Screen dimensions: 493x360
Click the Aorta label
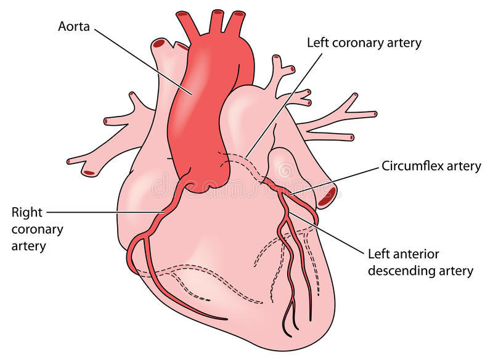[73, 27]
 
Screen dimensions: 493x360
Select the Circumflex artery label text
[431, 166]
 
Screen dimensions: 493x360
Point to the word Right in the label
[27, 213]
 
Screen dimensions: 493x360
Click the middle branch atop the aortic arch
[216, 22]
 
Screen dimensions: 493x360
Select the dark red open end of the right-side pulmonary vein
[327, 197]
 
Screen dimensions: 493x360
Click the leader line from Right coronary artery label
[105, 213]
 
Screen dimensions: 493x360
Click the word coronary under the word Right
[38, 229]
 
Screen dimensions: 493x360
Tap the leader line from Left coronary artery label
[283, 105]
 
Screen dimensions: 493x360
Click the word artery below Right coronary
[30, 246]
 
